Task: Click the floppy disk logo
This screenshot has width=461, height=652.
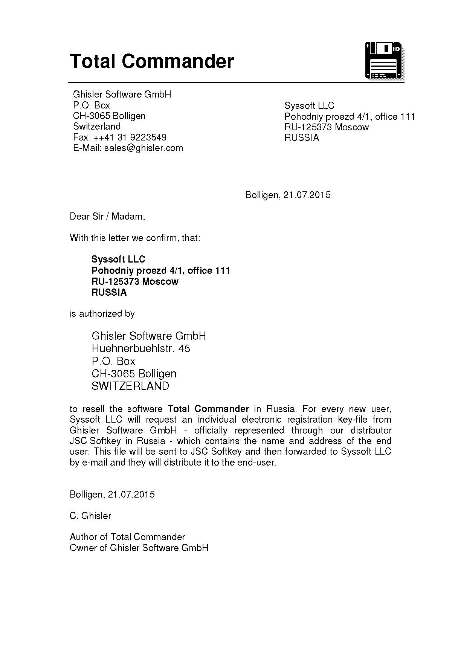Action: [x=384, y=61]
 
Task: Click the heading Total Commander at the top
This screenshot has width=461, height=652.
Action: [x=152, y=61]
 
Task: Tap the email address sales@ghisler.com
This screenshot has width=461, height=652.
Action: [x=143, y=148]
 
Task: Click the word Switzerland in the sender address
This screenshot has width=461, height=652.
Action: [x=97, y=126]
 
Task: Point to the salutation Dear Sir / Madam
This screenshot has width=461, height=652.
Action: [x=107, y=217]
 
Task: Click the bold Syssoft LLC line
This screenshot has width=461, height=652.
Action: [x=118, y=260]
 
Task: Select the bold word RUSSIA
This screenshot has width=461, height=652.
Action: [x=109, y=293]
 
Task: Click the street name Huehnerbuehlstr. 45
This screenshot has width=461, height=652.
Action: [x=141, y=349]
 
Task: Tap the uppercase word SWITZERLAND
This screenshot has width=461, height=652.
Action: [x=130, y=386]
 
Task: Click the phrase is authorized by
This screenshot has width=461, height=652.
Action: [x=102, y=314]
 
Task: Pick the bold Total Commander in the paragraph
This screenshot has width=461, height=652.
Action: [x=208, y=409]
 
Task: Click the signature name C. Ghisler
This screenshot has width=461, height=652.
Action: [x=90, y=516]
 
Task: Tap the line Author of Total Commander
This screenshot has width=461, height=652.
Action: [x=127, y=537]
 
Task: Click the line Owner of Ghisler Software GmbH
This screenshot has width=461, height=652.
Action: [x=139, y=548]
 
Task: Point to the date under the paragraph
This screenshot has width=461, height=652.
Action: [x=112, y=495]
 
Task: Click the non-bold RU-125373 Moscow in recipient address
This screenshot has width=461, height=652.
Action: [x=327, y=127]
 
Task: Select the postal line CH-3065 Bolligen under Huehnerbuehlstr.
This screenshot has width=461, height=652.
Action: [x=134, y=374]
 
